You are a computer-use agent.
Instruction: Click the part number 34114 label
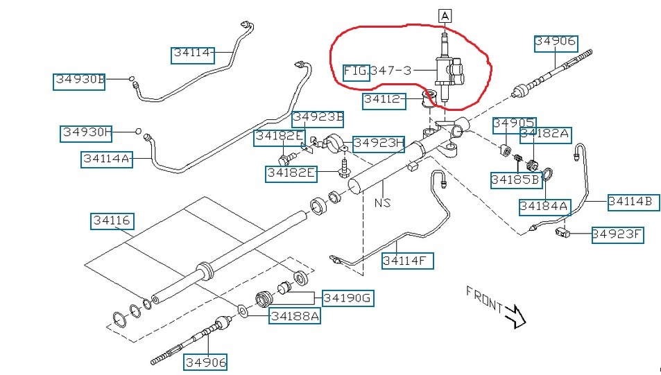(192, 54)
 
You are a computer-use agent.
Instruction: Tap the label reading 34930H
(87, 132)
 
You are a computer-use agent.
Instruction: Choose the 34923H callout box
(379, 143)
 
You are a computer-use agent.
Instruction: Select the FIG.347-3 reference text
(379, 71)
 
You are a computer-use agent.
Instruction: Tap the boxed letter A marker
(444, 15)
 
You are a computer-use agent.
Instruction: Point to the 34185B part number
(515, 180)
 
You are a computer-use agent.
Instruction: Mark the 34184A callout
(544, 206)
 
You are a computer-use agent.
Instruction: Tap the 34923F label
(617, 235)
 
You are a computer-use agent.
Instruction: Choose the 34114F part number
(408, 261)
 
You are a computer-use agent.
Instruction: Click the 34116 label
(112, 221)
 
